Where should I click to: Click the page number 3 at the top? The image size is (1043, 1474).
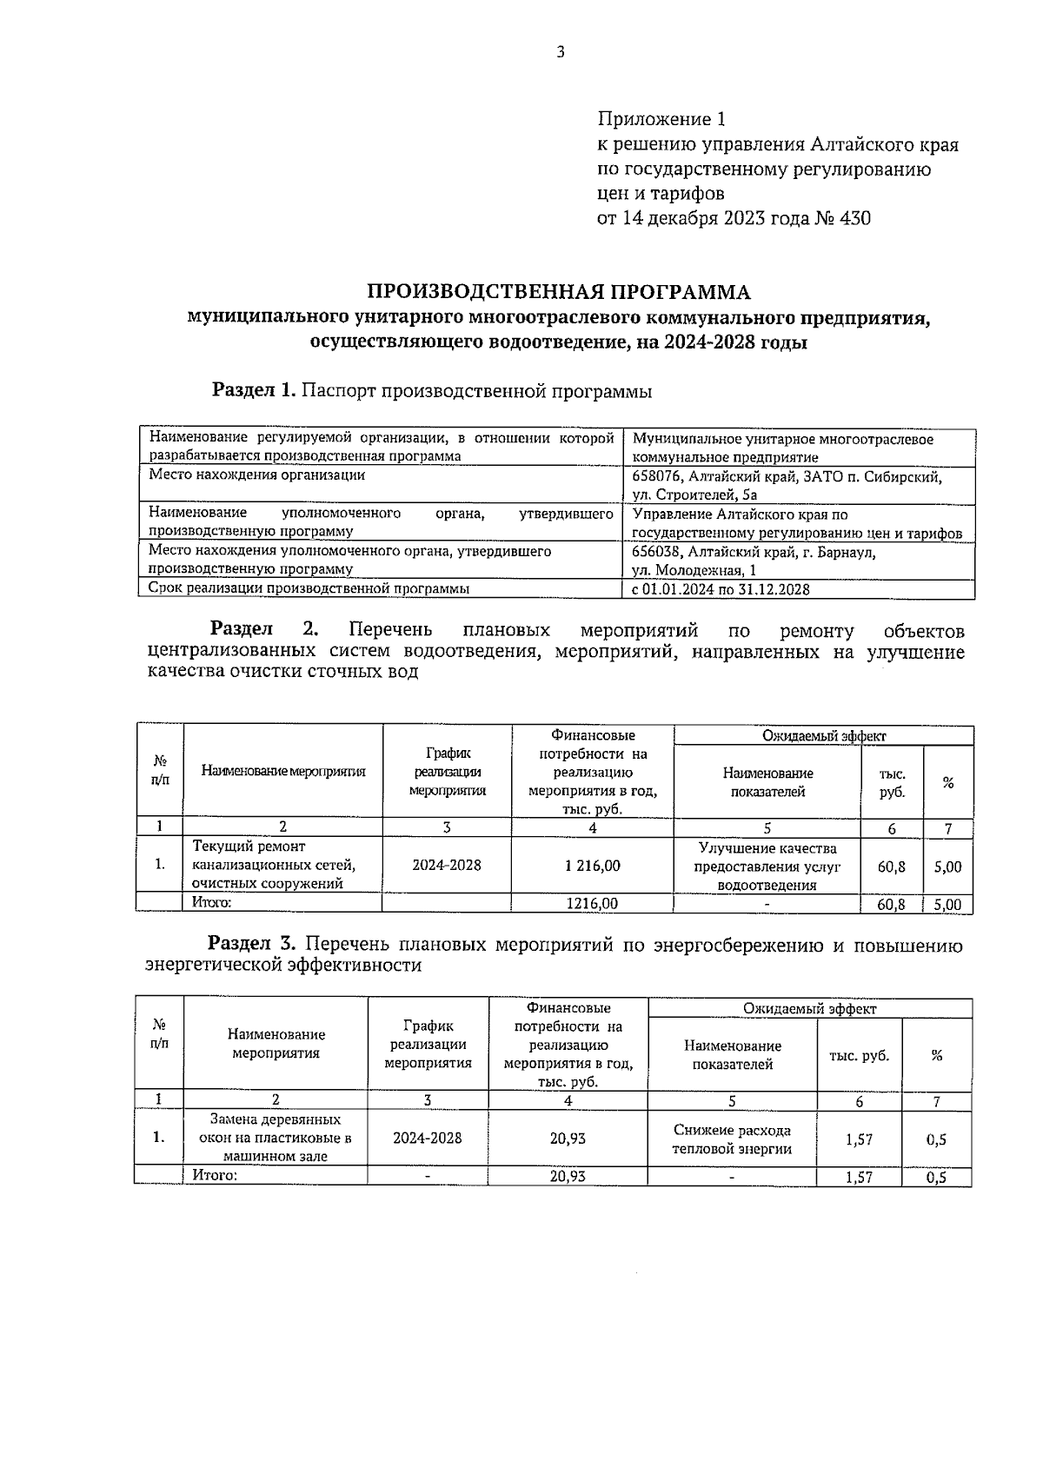click(x=560, y=52)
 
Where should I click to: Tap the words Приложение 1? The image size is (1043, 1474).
click(x=661, y=118)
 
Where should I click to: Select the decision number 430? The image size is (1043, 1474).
click(x=854, y=218)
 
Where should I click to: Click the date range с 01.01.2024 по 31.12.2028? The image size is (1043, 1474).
click(x=721, y=589)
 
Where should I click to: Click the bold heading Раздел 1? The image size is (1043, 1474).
click(x=255, y=391)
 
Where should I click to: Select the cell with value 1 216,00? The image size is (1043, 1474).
click(x=592, y=866)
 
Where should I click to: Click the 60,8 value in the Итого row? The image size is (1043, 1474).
click(x=891, y=904)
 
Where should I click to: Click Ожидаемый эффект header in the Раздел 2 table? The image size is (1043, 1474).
click(x=823, y=736)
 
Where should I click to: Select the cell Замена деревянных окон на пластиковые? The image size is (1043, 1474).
click(x=275, y=1138)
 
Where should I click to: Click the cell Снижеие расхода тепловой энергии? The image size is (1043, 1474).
click(x=732, y=1139)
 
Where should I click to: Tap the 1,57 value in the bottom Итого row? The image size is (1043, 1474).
click(x=859, y=1177)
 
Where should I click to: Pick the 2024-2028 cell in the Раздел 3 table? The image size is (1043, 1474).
click(x=427, y=1139)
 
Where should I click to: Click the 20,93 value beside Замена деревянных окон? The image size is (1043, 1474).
click(x=568, y=1139)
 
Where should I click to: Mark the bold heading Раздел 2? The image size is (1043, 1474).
click(x=265, y=630)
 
